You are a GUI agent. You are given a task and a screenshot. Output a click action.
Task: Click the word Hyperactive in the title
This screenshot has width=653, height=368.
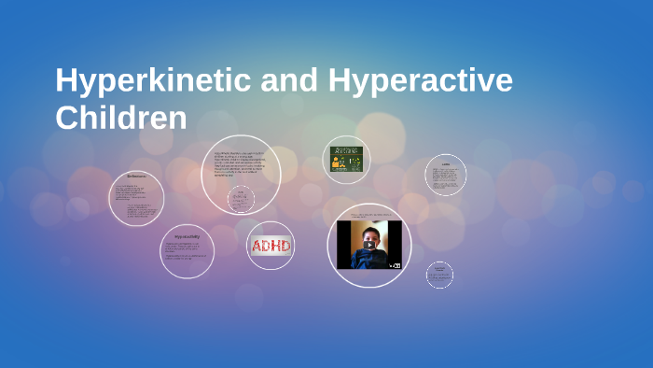(420, 81)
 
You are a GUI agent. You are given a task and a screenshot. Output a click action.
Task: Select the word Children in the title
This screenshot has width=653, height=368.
(121, 119)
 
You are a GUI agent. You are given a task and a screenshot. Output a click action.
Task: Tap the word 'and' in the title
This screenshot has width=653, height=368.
(291, 81)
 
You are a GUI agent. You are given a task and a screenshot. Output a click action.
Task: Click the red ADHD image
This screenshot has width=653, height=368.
(271, 247)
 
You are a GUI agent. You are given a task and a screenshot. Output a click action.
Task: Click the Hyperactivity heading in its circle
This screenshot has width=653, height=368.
(187, 237)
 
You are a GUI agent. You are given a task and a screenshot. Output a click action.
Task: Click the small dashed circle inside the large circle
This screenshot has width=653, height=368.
(242, 199)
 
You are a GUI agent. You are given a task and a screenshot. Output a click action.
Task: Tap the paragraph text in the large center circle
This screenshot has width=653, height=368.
(240, 165)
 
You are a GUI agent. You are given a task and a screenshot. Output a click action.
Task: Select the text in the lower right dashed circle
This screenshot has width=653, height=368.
(439, 274)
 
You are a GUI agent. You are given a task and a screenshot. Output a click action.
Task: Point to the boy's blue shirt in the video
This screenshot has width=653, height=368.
(368, 259)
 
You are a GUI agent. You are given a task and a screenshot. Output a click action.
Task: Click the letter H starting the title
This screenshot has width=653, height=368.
(65, 81)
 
